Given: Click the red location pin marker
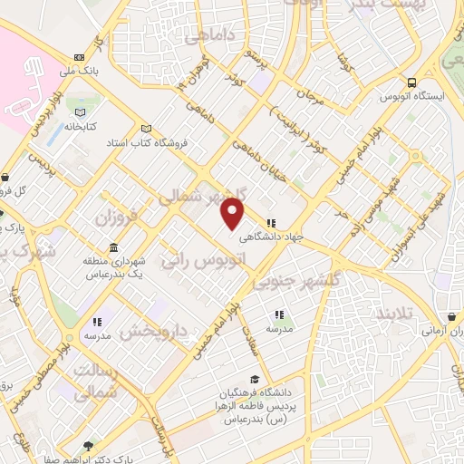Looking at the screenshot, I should [233, 214].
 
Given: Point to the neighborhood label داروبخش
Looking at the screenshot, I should [146, 332].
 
